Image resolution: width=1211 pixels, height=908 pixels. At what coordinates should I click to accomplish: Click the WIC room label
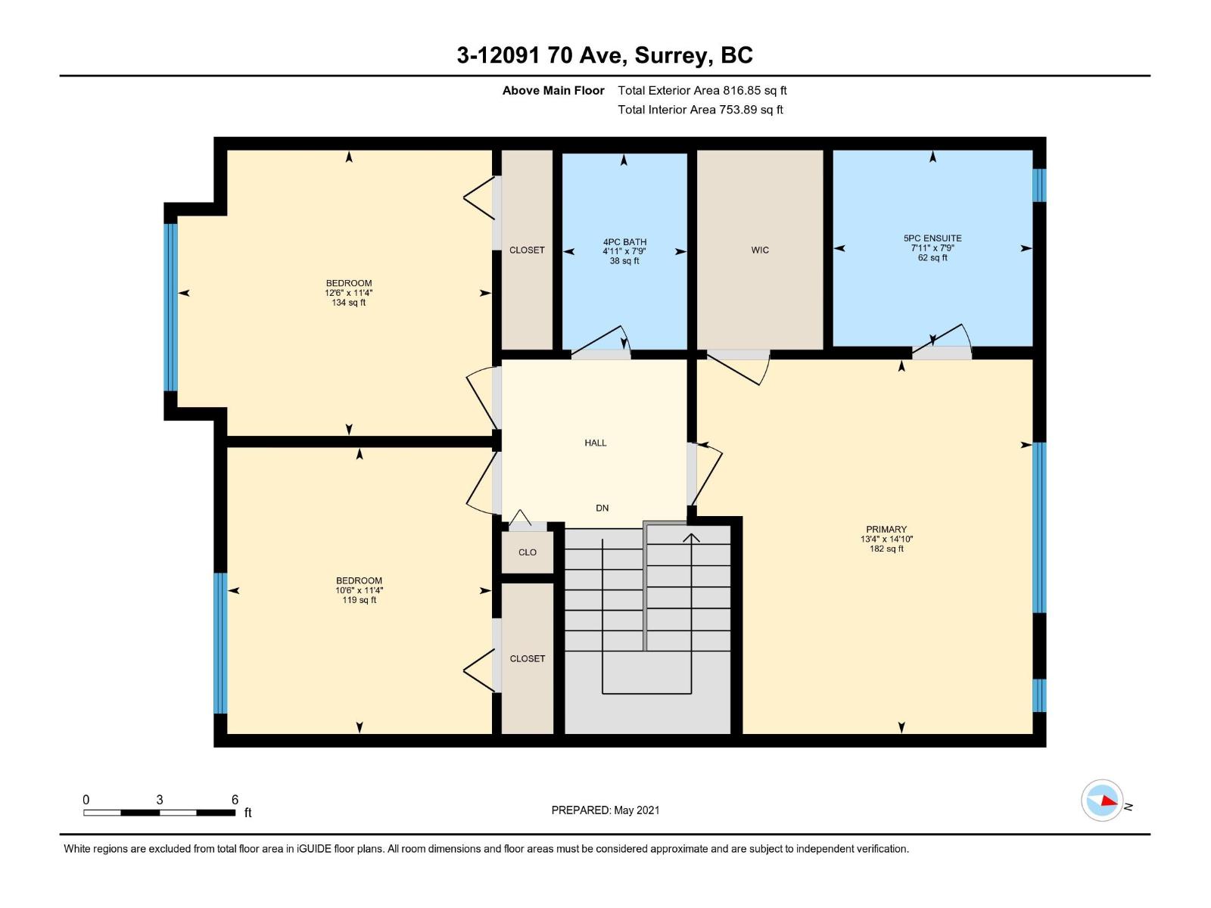click(760, 250)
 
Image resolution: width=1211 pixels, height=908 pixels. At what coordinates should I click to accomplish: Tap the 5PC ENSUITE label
click(932, 238)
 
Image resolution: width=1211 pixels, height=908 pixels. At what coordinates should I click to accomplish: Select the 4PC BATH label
click(624, 242)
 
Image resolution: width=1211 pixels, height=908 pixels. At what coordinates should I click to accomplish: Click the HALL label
click(596, 443)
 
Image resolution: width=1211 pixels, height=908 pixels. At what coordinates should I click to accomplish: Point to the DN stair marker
click(602, 508)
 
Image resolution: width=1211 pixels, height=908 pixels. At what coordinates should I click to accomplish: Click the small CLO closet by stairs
click(528, 552)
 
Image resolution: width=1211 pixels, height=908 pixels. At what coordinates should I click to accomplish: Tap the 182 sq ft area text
click(886, 549)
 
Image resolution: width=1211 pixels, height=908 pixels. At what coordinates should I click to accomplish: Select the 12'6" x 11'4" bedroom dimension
click(349, 293)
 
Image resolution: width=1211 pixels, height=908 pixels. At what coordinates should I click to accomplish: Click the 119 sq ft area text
click(359, 600)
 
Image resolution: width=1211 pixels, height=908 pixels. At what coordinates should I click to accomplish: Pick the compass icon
click(1102, 801)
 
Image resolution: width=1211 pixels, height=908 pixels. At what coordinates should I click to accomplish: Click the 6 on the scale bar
click(235, 800)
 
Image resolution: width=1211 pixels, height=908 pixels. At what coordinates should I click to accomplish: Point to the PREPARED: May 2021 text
click(605, 810)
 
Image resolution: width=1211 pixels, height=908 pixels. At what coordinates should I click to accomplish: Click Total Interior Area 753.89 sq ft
click(700, 110)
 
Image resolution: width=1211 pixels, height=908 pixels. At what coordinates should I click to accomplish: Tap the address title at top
click(605, 55)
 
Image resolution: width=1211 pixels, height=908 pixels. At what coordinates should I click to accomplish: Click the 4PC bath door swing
click(602, 340)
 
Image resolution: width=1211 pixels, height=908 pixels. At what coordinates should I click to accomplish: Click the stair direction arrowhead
click(692, 537)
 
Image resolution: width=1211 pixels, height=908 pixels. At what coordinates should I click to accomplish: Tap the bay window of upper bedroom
click(171, 307)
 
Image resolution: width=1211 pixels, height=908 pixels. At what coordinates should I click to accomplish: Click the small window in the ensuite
click(1040, 185)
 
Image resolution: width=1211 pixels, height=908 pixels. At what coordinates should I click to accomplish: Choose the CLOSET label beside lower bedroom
click(528, 659)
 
